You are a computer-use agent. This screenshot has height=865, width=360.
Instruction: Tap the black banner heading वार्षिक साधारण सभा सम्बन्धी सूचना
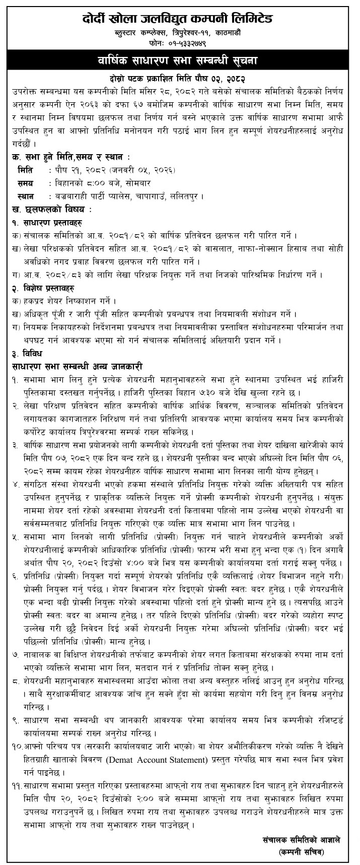180,62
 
